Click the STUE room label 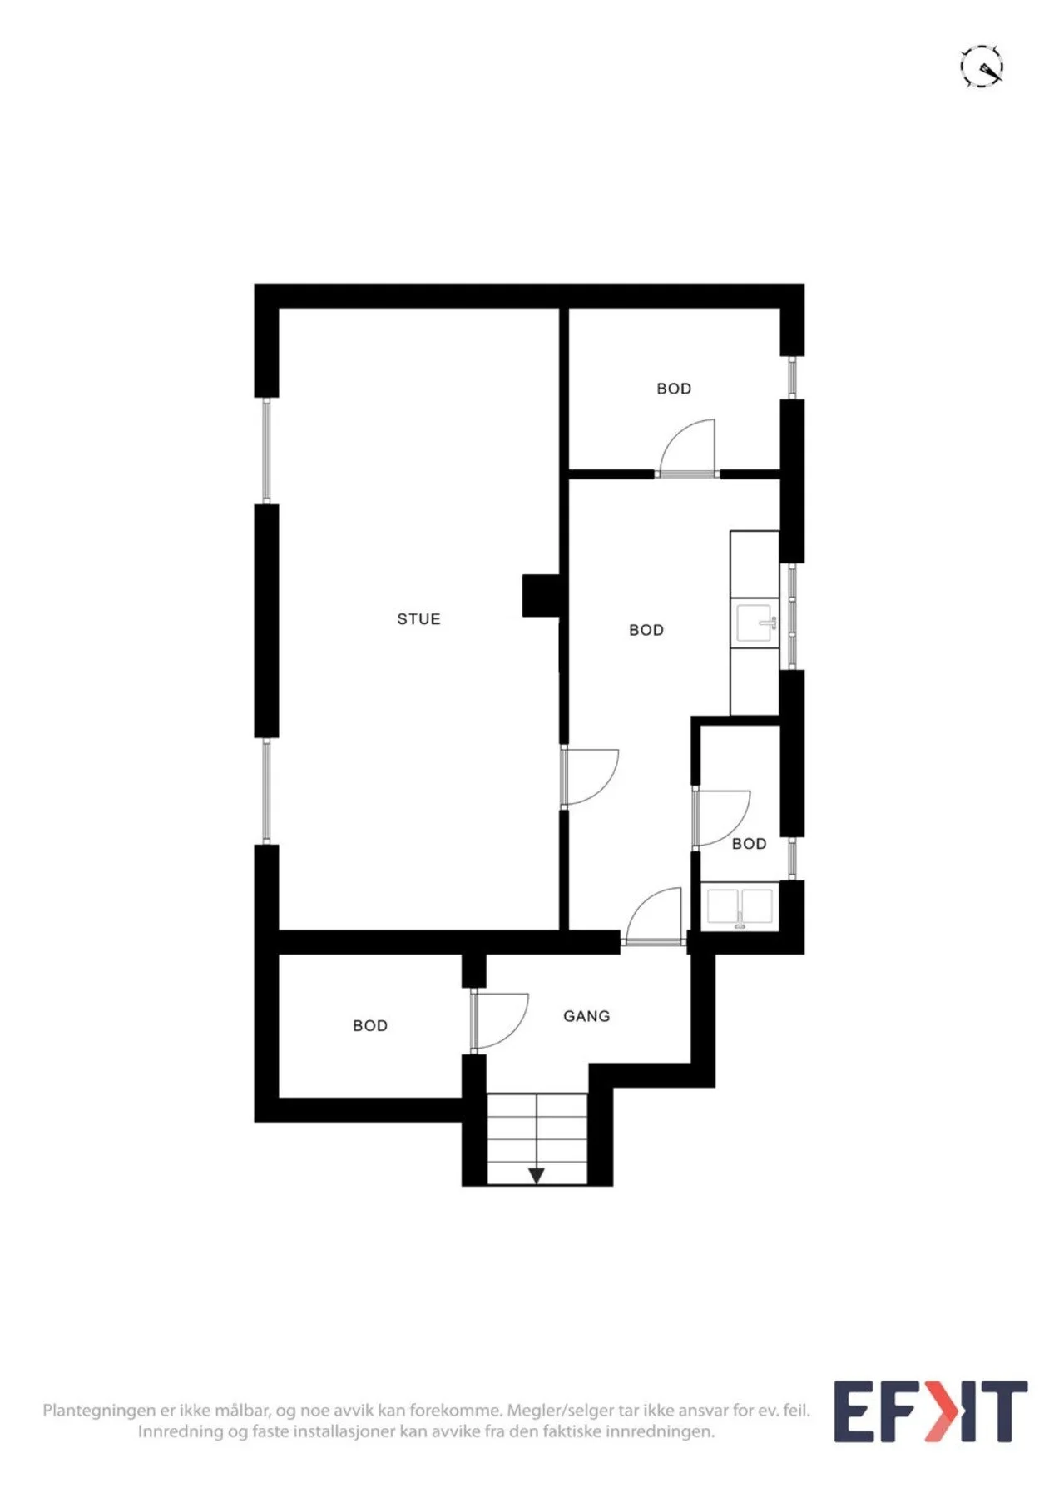pos(418,619)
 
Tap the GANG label pos(586,1016)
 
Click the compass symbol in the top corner pos(982,67)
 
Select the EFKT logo pos(931,1411)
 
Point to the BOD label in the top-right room pos(674,389)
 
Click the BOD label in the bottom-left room pos(370,1026)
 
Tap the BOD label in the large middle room pos(646,631)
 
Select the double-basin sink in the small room pos(740,907)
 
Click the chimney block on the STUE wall pos(540,596)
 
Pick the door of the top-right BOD pos(687,449)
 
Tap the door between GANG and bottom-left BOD pos(499,1020)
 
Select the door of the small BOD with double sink pos(721,818)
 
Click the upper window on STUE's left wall pos(266,450)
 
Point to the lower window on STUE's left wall pos(266,791)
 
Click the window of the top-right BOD pos(792,378)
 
